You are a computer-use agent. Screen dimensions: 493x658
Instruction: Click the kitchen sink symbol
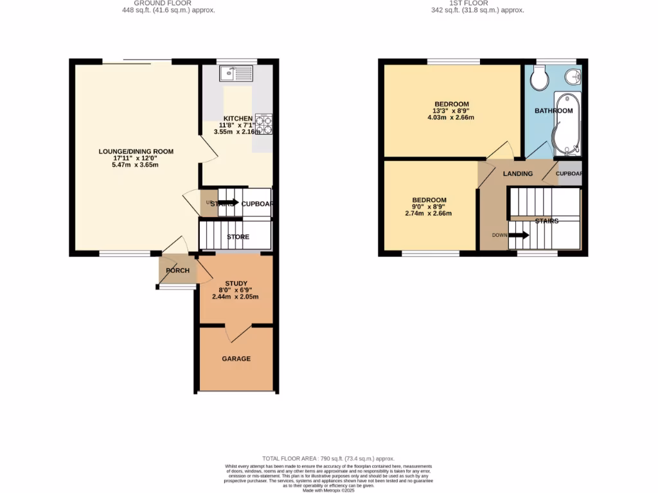pyautogui.click(x=236, y=75)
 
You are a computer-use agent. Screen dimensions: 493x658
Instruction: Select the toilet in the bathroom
pyautogui.click(x=538, y=80)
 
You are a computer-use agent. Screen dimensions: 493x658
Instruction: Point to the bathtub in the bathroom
pyautogui.click(x=567, y=124)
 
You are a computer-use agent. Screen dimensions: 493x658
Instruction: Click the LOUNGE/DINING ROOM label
pyautogui.click(x=136, y=151)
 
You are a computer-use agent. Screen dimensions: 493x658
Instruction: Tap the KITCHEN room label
pyautogui.click(x=238, y=118)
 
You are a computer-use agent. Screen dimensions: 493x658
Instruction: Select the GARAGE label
pyautogui.click(x=236, y=359)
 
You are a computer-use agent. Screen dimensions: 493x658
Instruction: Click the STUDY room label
pyautogui.click(x=235, y=283)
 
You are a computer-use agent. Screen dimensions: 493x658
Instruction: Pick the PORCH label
pyautogui.click(x=177, y=270)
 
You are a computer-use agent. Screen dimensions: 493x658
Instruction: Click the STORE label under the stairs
pyautogui.click(x=238, y=237)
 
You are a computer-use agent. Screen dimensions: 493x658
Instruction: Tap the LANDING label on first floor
pyautogui.click(x=517, y=174)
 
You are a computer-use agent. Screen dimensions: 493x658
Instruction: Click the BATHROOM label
pyautogui.click(x=553, y=110)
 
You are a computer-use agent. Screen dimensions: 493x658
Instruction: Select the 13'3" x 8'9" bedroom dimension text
pyautogui.click(x=451, y=110)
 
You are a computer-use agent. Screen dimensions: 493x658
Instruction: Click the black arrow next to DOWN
pyautogui.click(x=519, y=235)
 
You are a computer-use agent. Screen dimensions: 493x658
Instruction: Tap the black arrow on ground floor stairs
pyautogui.click(x=229, y=203)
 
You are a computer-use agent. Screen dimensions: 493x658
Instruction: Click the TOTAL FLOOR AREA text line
pyautogui.click(x=328, y=459)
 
